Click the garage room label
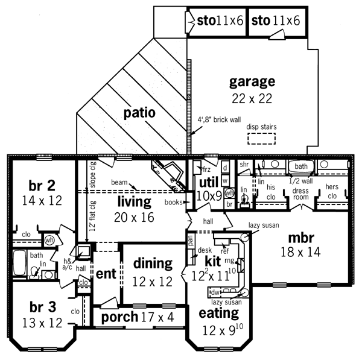click(252, 81)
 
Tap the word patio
click(140, 112)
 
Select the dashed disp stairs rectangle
click(261, 139)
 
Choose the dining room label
click(153, 263)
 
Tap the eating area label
click(218, 313)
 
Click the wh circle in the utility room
click(229, 194)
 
